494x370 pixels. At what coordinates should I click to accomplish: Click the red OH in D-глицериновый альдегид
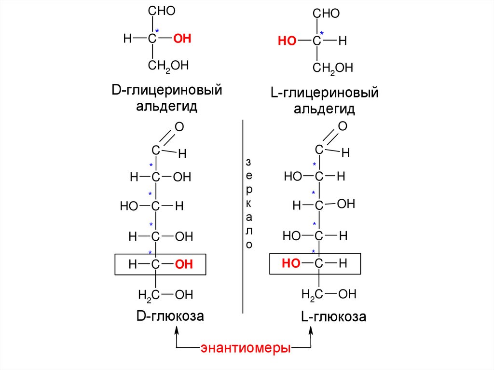[182, 39]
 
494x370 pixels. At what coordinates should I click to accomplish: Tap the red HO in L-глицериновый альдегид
[287, 41]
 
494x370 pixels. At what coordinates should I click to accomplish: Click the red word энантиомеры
[245, 348]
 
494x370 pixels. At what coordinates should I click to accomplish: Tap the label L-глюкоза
[333, 317]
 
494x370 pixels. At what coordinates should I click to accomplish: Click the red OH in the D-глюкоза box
[183, 264]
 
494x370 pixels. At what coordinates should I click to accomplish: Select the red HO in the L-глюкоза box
[291, 263]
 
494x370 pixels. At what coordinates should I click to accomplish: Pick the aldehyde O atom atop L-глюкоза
[343, 126]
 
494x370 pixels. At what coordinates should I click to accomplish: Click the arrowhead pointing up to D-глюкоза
[176, 330]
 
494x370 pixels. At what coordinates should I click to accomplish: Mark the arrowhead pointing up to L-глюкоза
[311, 330]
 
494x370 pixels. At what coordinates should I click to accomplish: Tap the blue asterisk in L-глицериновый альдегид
[322, 33]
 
